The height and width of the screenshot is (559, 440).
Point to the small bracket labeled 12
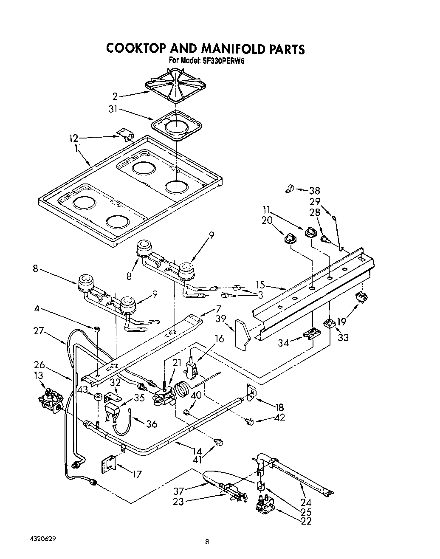click(125, 136)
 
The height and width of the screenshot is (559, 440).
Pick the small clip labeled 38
click(289, 187)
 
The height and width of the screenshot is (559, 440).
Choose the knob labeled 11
click(311, 232)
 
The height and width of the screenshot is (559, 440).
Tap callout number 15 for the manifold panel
click(260, 285)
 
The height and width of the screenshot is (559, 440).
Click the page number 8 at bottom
click(207, 541)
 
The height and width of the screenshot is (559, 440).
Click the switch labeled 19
click(361, 299)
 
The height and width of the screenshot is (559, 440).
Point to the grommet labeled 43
click(98, 397)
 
